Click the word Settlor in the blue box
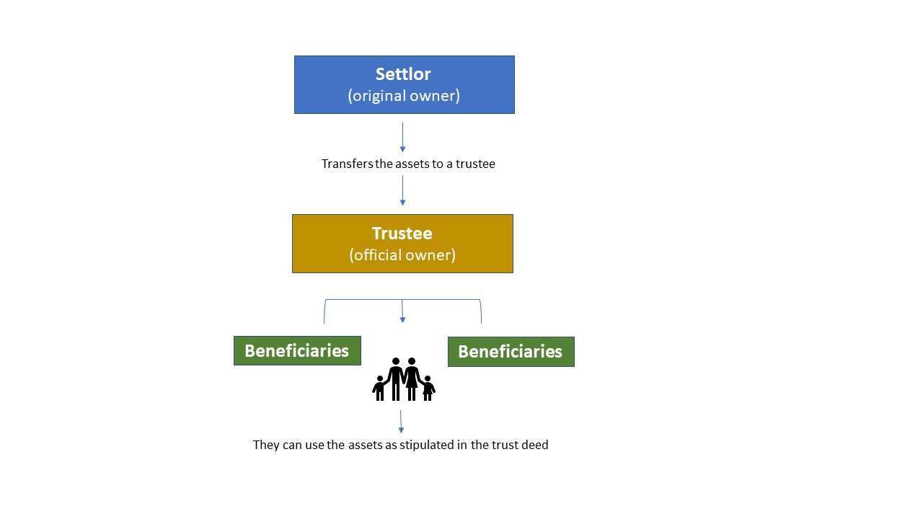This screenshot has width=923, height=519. tap(403, 74)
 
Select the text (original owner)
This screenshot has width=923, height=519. tap(404, 96)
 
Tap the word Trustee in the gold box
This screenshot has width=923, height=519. tap(402, 233)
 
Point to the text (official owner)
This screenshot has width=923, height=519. tap(402, 255)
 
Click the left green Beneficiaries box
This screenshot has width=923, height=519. tap(297, 350)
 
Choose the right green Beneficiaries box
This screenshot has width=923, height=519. tap(511, 352)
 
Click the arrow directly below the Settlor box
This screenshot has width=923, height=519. tap(402, 137)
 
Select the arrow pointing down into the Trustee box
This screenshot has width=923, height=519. tap(402, 191)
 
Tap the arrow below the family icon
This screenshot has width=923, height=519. tap(401, 422)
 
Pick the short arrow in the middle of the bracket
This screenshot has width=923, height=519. tap(402, 311)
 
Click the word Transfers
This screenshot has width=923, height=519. tap(348, 164)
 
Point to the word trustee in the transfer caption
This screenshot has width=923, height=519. tap(475, 164)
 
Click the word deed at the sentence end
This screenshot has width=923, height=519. tap(535, 445)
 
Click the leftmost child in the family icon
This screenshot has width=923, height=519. tap(379, 388)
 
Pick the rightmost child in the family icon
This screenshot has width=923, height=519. tap(428, 388)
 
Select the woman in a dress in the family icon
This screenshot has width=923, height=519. tap(412, 379)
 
